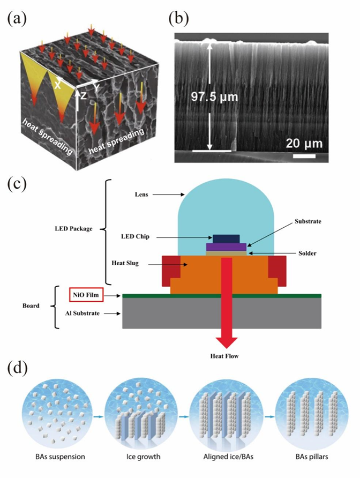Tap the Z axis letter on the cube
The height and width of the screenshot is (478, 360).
pyautogui.click(x=82, y=95)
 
